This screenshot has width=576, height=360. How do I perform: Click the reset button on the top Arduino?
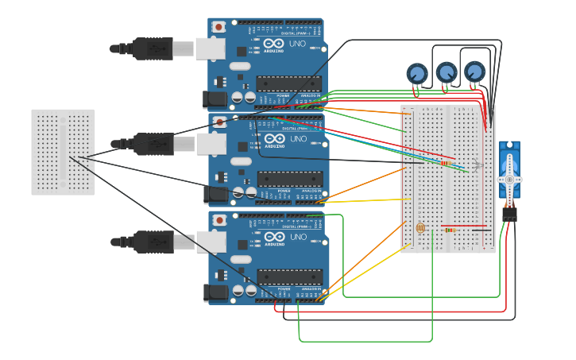(218, 27)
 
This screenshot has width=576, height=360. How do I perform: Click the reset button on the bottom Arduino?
(218, 220)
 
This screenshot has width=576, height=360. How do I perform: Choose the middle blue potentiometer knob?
(446, 72)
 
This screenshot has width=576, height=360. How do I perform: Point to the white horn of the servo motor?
(509, 180)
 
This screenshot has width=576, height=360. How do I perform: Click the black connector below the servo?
(509, 214)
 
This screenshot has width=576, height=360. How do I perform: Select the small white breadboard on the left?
(63, 152)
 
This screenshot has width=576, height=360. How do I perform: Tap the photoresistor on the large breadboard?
(420, 228)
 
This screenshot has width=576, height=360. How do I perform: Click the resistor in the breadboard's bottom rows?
(450, 230)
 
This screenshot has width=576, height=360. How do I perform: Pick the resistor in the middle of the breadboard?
(447, 162)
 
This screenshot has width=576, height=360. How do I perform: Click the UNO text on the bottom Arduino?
(296, 237)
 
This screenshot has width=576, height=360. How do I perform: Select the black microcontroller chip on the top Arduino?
(289, 83)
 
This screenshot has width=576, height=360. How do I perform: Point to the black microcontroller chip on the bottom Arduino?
(289, 277)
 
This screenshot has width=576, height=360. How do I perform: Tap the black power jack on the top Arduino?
(215, 99)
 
